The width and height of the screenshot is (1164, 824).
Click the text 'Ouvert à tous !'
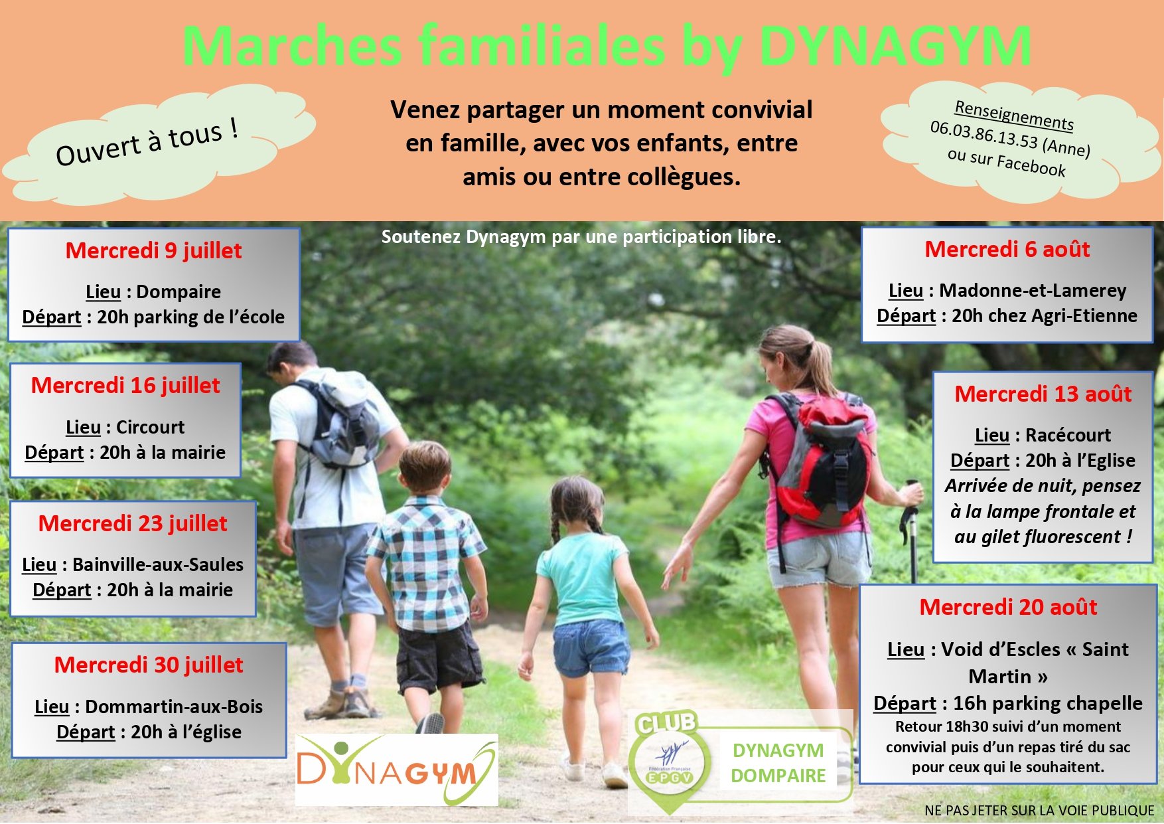pos(147,142)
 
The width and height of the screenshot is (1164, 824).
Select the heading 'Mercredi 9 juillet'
pos(153,251)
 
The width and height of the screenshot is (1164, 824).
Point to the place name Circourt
pos(151,427)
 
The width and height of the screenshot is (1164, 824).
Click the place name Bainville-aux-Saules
pos(158,564)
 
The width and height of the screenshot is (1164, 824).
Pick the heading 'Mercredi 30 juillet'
pos(149,665)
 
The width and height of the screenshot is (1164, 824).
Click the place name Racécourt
pos(1068,435)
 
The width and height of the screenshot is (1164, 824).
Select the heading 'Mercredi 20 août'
pos(1008,608)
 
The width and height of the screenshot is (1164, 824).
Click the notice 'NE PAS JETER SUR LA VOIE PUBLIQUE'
pos(1039,811)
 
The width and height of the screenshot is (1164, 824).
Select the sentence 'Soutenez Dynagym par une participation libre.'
pos(581,237)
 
